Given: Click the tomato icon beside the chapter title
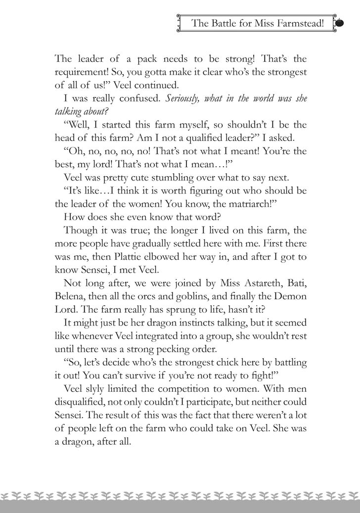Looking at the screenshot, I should pyautogui.click(x=340, y=23).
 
